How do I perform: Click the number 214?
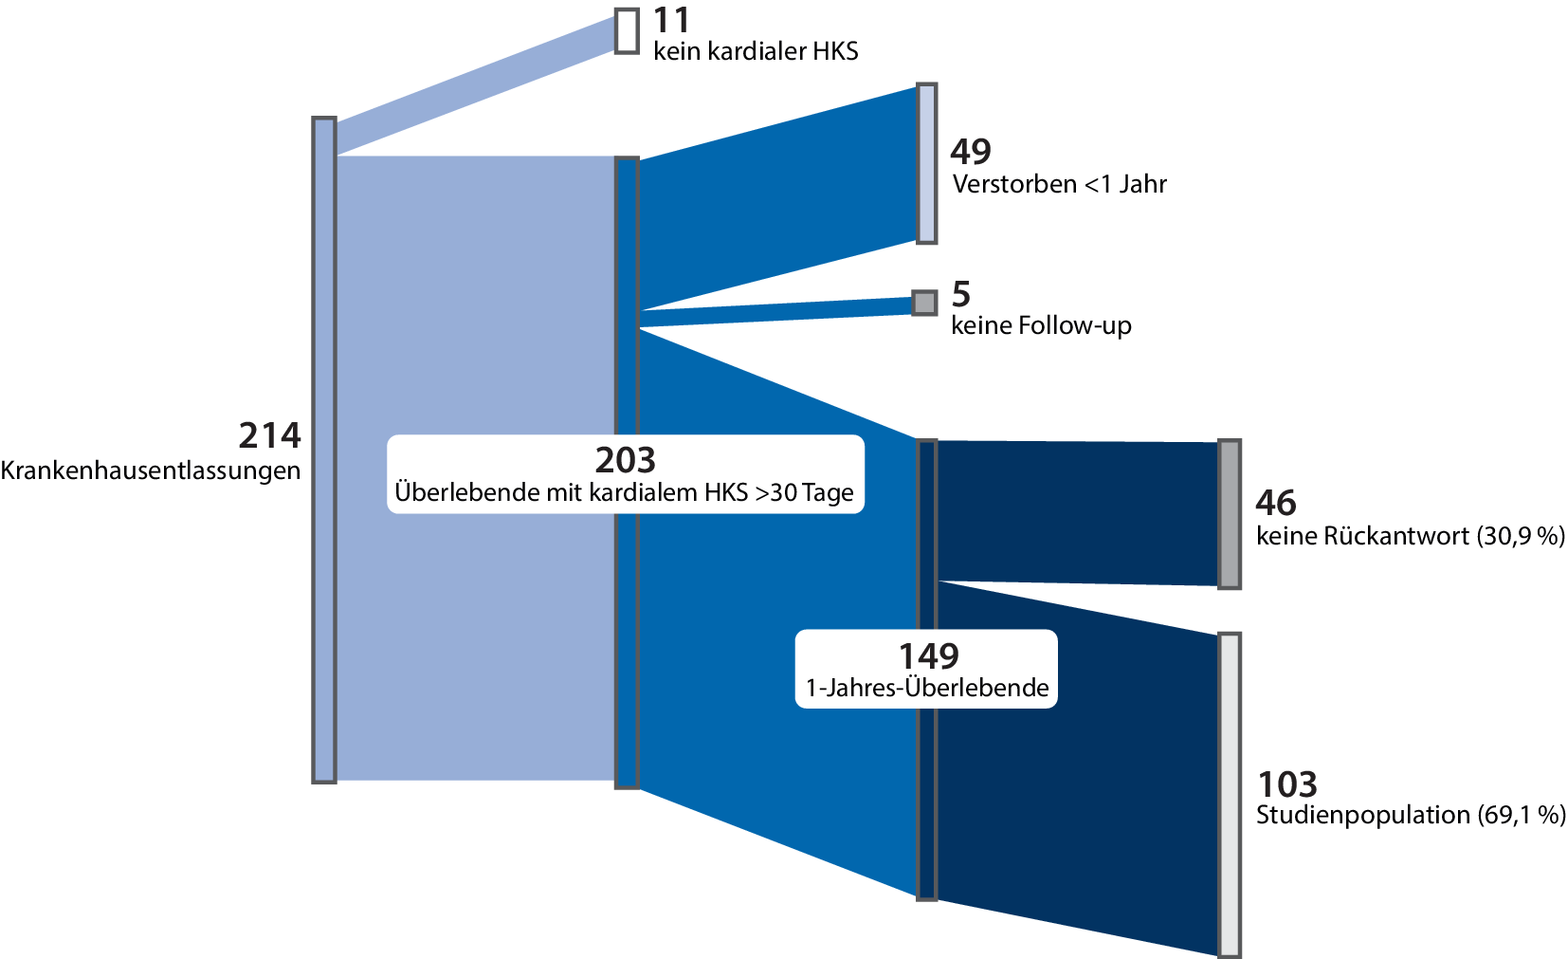269,435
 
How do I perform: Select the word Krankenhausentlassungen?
151,470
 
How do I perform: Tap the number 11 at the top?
671,20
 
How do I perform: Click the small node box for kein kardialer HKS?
627,30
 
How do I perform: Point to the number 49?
971,152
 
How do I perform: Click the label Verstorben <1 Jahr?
1059,184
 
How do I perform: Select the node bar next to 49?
926,163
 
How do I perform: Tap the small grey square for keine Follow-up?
924,303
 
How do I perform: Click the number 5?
961,295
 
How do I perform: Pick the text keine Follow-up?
1041,326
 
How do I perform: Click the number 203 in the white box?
625,460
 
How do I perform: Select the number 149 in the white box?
928,655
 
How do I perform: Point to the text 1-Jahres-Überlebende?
927,688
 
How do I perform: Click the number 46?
1275,503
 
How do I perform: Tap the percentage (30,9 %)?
1521,536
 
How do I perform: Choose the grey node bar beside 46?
1229,514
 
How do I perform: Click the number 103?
1286,784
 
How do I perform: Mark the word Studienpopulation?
1362,815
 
